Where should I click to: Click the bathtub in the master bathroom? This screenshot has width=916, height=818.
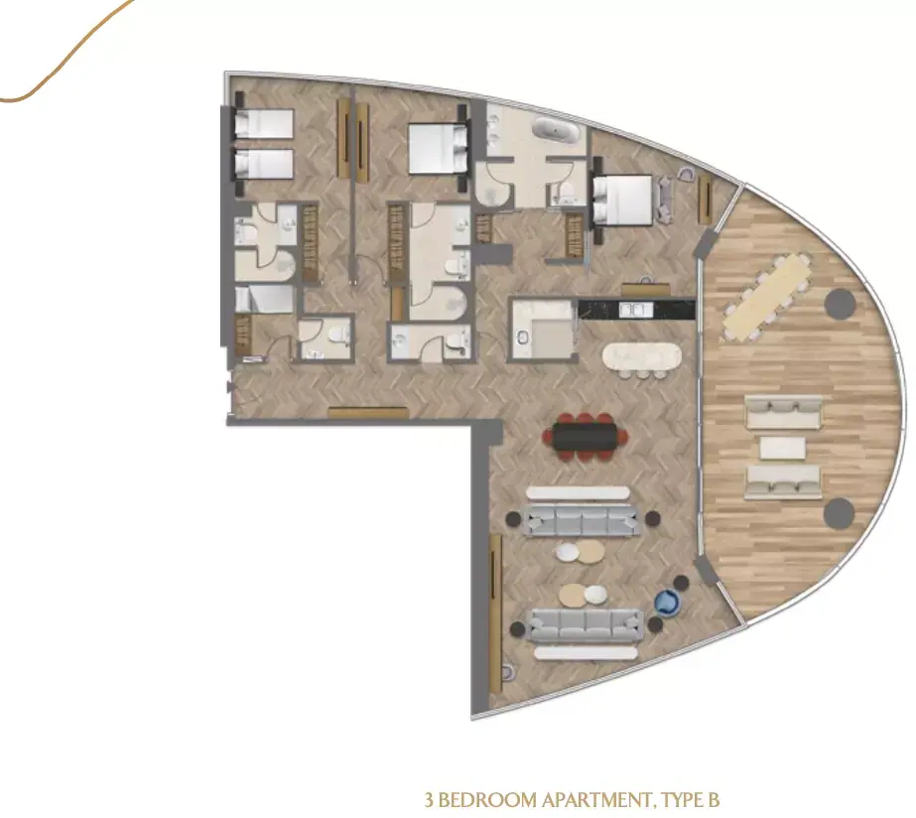(x=557, y=130)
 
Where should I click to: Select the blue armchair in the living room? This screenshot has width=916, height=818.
(x=667, y=603)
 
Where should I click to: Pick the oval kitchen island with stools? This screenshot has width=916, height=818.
(x=642, y=356)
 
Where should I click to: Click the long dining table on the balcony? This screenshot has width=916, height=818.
(x=767, y=297)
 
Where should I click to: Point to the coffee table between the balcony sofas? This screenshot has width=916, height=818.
(x=783, y=448)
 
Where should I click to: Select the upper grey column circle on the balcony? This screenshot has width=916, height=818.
(x=840, y=303)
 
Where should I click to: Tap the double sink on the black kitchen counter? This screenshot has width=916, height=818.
(x=636, y=309)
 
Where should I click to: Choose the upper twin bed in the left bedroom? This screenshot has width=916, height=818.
(x=263, y=124)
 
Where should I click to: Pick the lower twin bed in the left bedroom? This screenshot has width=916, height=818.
(x=263, y=164)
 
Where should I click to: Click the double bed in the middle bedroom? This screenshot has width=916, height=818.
(x=438, y=148)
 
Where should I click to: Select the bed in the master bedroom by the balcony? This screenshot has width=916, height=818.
(x=622, y=201)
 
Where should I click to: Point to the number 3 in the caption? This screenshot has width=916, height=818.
(x=430, y=800)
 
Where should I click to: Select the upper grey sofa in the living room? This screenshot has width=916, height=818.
(x=582, y=520)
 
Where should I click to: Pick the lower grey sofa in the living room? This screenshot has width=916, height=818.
(x=586, y=624)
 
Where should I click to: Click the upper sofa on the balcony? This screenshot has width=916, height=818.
(x=784, y=411)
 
